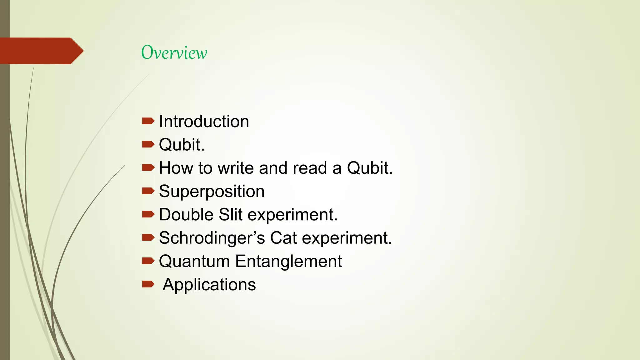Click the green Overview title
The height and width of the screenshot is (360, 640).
click(x=174, y=52)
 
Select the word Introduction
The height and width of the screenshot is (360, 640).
click(x=204, y=121)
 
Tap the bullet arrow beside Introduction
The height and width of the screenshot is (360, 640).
click(x=148, y=121)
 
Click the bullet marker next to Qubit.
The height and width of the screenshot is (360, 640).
click(x=148, y=144)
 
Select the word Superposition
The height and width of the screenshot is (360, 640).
click(x=212, y=191)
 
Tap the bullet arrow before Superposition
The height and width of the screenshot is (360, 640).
click(x=148, y=191)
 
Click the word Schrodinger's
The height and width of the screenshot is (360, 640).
click(x=212, y=238)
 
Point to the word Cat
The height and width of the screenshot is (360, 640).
click(x=283, y=238)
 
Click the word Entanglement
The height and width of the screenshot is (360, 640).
click(x=288, y=261)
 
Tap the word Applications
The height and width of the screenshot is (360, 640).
click(x=209, y=285)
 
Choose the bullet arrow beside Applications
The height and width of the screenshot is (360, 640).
click(x=148, y=284)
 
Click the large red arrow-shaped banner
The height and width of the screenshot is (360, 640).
click(x=41, y=51)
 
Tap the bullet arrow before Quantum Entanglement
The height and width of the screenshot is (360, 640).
click(x=148, y=261)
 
